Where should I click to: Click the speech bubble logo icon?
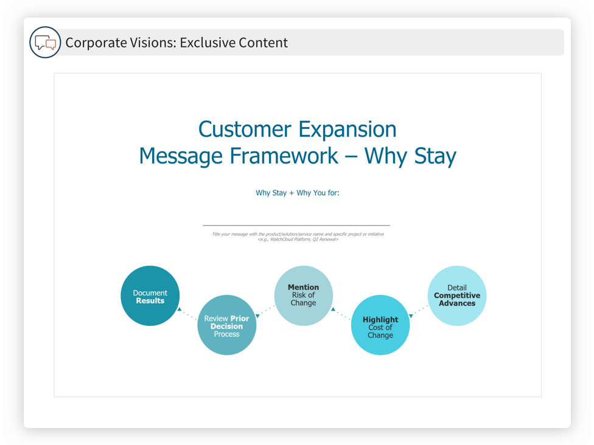45,43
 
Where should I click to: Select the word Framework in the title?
284,156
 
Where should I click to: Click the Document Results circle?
150,295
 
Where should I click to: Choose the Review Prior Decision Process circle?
227,325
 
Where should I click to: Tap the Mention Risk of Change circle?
304,295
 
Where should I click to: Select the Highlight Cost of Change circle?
380,325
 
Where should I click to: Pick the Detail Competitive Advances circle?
457,295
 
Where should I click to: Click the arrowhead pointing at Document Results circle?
180,309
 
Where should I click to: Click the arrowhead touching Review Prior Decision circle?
257,316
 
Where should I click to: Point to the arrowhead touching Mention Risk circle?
333,309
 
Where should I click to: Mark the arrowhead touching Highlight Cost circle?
411,316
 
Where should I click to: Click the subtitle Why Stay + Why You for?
298,193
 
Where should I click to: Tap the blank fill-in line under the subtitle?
296,226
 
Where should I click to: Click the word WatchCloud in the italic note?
281,240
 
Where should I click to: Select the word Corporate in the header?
96,43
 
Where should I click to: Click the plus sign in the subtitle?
292,193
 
